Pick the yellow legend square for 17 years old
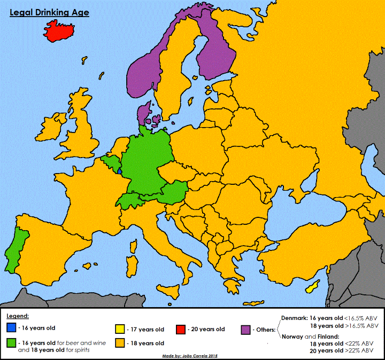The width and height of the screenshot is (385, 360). pyautogui.click(x=120, y=330)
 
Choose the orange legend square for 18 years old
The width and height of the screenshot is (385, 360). pyautogui.click(x=120, y=343)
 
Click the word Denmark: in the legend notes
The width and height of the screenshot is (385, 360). pyautogui.click(x=295, y=317)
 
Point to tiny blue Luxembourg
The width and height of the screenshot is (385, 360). pyautogui.click(x=119, y=171)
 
